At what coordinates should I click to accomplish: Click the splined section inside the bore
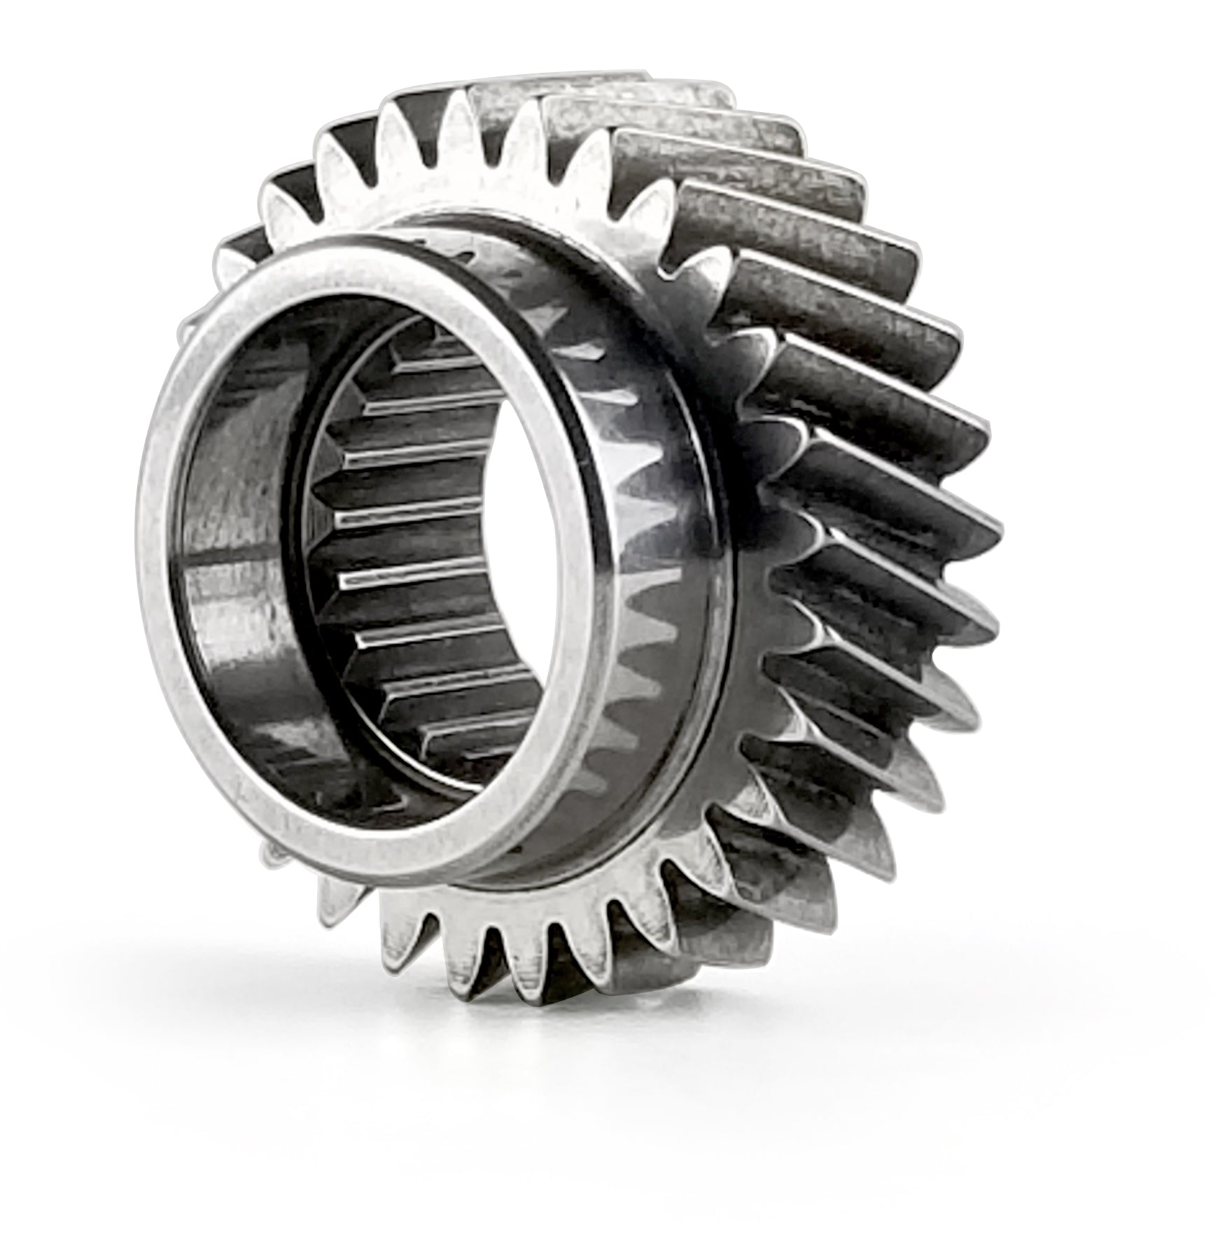(420, 560)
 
